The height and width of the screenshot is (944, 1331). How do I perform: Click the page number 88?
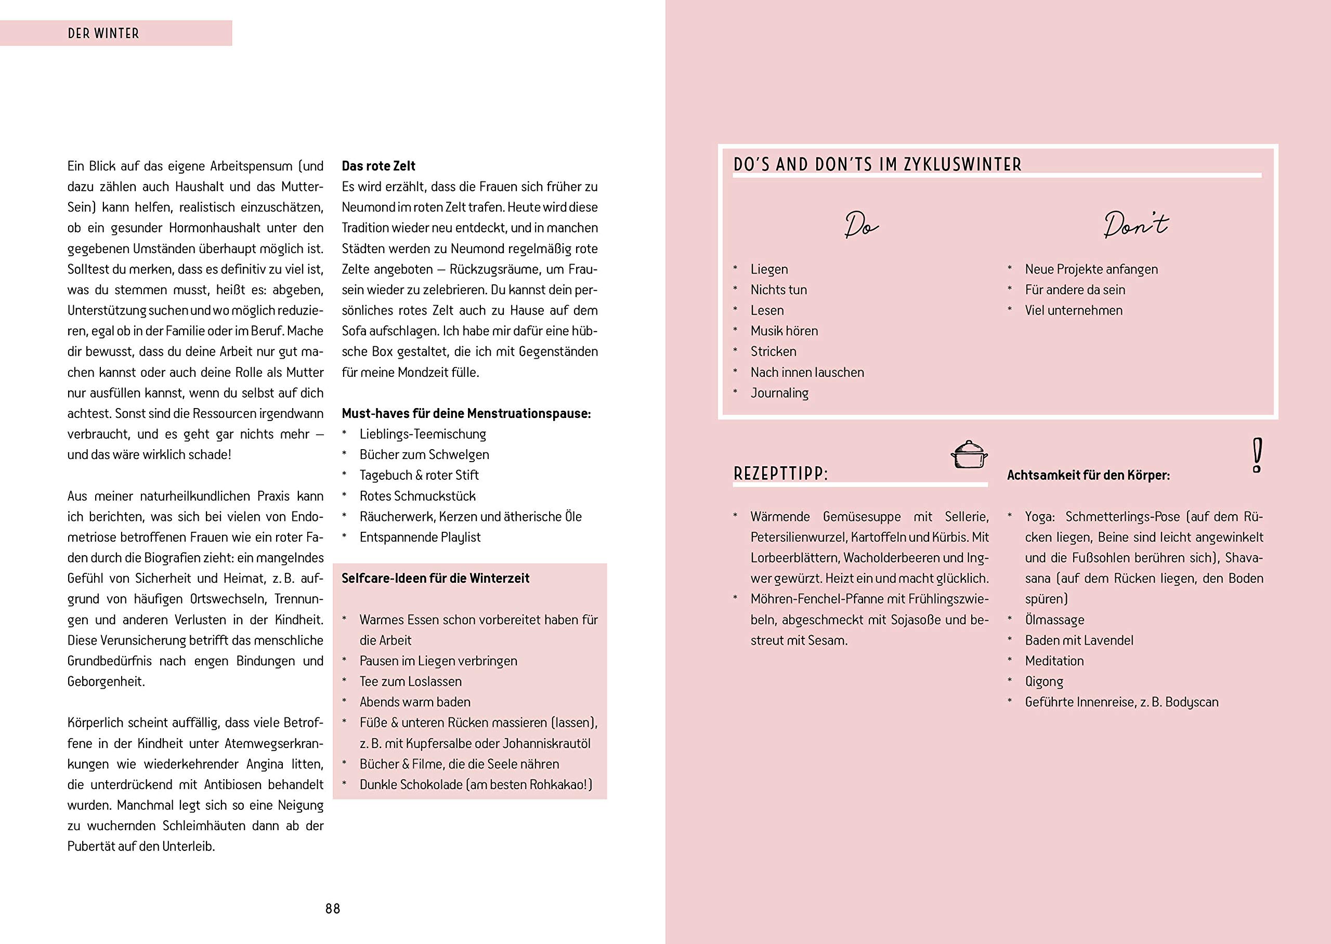[332, 909]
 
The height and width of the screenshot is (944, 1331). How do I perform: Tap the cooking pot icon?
[969, 454]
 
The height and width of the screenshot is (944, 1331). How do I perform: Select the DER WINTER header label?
[103, 34]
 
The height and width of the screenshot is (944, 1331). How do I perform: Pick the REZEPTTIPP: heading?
[780, 474]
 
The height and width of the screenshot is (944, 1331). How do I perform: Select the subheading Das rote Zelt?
[379, 166]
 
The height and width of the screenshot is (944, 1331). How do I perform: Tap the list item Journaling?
[779, 393]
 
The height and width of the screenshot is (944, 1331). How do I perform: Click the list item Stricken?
[773, 352]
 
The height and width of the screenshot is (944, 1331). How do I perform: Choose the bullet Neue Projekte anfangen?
[1091, 269]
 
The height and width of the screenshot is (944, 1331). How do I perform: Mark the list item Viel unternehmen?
[1074, 310]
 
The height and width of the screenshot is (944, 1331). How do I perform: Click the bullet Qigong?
[1044, 681]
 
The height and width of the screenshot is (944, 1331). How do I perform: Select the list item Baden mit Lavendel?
[1079, 640]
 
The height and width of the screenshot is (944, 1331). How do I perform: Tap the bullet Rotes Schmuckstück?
[417, 496]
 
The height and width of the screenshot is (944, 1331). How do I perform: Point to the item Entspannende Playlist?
[420, 537]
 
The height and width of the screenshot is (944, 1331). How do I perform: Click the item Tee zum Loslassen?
[410, 681]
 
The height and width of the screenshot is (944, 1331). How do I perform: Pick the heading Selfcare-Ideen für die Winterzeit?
[435, 579]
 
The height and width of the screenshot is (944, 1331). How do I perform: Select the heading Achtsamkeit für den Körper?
[1088, 476]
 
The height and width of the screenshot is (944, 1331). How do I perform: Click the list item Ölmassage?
[1054, 620]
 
